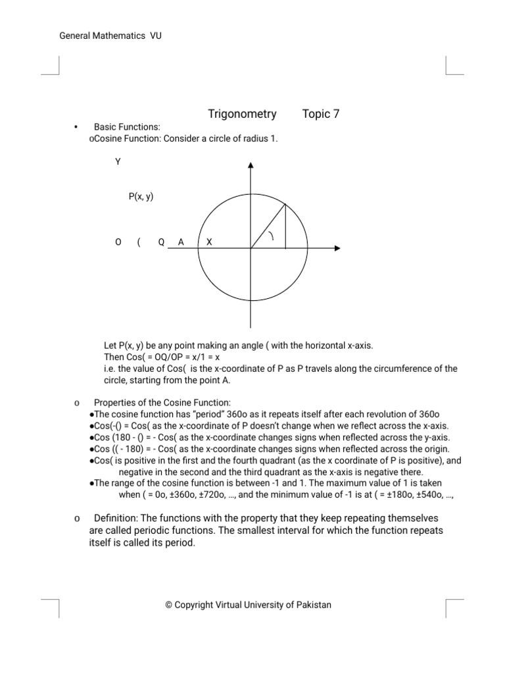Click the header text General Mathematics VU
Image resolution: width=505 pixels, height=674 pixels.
coord(110,36)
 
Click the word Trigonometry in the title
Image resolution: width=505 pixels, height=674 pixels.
coord(242,114)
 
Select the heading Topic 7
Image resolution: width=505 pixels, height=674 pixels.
coord(321,114)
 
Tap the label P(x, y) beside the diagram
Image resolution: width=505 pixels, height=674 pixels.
coord(141,196)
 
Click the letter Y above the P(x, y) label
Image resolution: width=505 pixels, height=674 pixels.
coord(118,161)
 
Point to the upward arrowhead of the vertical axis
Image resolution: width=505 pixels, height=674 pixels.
coord(251,165)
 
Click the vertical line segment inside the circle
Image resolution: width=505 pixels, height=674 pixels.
coord(285,226)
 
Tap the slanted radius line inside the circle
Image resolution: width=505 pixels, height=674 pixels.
coord(268,226)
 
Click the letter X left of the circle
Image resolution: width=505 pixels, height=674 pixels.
coord(209,242)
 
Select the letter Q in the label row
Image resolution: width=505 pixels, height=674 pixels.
coord(161,242)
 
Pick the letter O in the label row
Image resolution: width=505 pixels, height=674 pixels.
coord(118,242)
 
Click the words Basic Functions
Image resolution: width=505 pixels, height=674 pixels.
coord(127,126)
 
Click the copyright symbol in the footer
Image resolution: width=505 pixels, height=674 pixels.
coord(169,604)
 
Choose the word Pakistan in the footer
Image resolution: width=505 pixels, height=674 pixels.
coord(313,604)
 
